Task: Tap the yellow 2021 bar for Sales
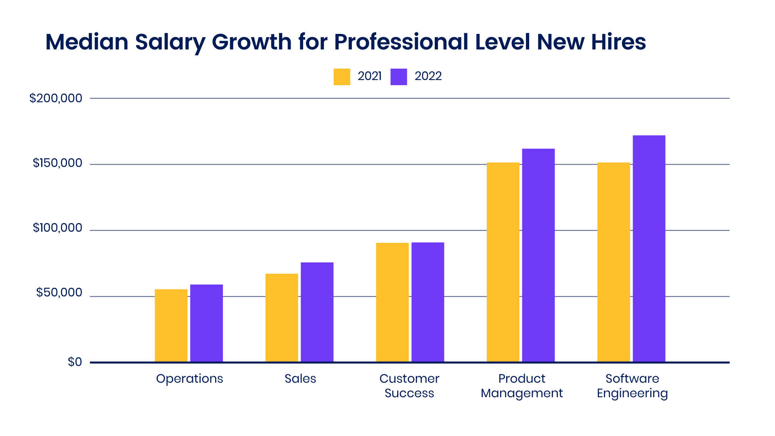(x=282, y=318)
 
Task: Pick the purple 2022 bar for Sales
(x=317, y=312)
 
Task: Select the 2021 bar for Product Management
(x=503, y=262)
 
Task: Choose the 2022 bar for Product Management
(x=538, y=255)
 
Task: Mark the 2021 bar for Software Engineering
(x=614, y=262)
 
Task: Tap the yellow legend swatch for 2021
(x=342, y=77)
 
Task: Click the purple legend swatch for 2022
(x=399, y=77)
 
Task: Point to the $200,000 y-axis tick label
(x=56, y=98)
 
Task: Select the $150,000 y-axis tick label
(x=57, y=163)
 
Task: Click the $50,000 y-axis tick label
(x=59, y=293)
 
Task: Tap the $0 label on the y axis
(x=75, y=362)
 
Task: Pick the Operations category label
(x=189, y=379)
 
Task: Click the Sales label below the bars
(x=300, y=379)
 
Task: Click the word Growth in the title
(x=251, y=42)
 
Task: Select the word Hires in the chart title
(x=618, y=42)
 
